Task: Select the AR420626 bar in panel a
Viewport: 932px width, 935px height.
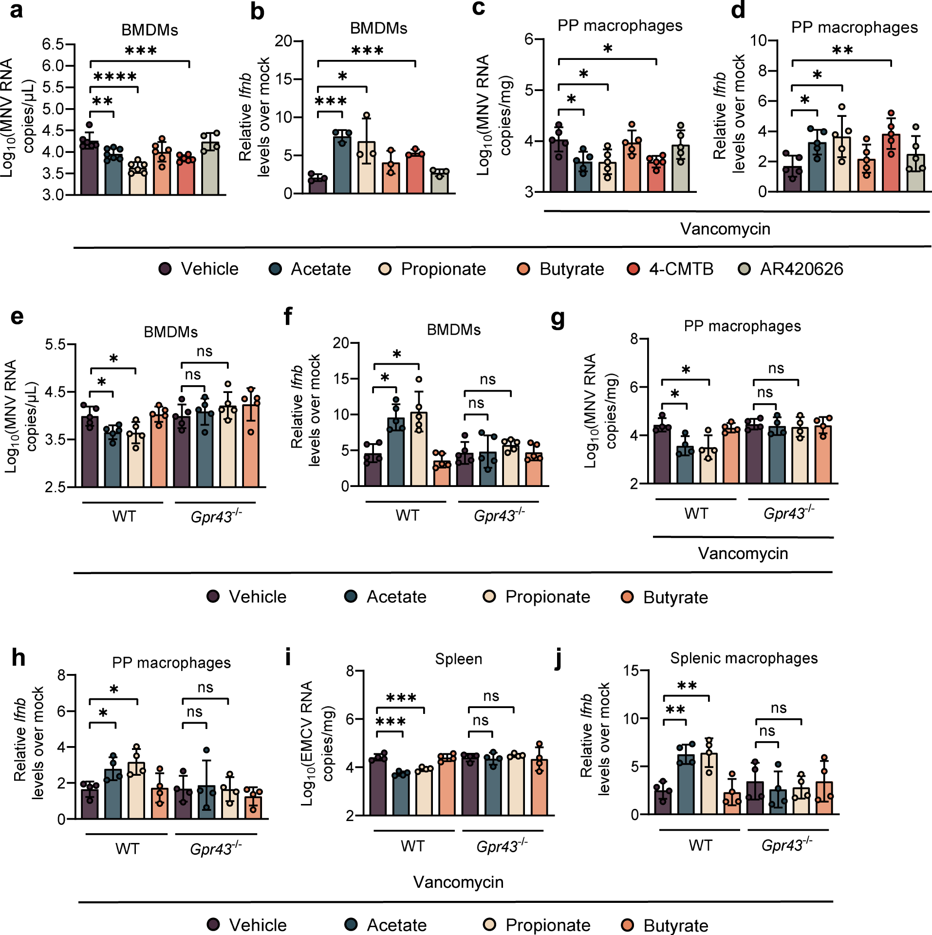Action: click(210, 168)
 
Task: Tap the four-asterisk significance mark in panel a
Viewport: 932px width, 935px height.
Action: click(115, 77)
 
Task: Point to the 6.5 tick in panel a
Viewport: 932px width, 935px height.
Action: click(53, 44)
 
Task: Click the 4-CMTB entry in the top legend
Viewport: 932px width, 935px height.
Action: click(671, 269)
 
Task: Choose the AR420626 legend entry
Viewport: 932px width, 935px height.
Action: click(791, 269)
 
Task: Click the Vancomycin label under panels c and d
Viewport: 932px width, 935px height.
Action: click(725, 229)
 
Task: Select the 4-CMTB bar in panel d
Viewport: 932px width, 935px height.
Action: click(891, 164)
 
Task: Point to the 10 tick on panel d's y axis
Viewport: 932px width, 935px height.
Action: click(759, 40)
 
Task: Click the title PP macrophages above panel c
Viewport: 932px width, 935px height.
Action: click(620, 26)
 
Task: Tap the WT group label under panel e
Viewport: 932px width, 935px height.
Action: click(124, 516)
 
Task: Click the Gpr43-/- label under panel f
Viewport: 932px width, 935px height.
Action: click(499, 515)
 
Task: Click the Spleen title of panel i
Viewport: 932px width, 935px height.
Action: click(458, 659)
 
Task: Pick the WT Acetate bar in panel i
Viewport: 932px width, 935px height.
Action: click(401, 794)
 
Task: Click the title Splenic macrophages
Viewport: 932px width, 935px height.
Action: click(744, 658)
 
